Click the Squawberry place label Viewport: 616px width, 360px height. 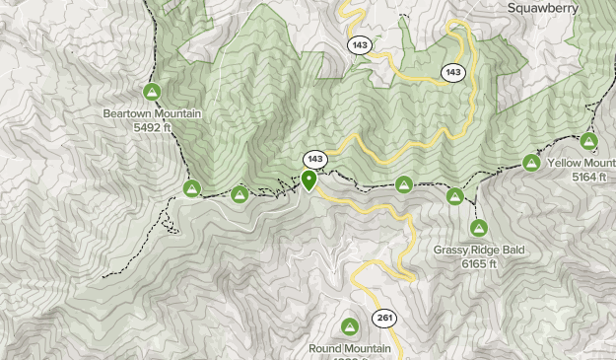tap(555, 7)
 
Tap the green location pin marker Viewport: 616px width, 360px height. tap(309, 180)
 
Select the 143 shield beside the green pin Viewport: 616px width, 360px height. tap(314, 159)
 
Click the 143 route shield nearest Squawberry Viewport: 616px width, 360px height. tap(452, 72)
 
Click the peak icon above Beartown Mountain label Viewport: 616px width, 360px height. tap(152, 93)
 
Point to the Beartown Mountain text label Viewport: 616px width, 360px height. tap(152, 113)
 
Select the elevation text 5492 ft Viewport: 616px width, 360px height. tap(152, 127)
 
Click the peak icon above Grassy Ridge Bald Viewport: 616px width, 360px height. tap(478, 229)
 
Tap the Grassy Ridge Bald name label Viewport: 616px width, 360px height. tap(479, 251)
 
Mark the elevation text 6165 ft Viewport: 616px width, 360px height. tap(479, 264)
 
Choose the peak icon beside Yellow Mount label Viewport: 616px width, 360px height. tap(531, 163)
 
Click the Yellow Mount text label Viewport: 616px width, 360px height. tap(582, 163)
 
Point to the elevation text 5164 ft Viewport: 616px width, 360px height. tap(592, 177)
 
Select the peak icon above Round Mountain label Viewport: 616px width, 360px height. tap(349, 326)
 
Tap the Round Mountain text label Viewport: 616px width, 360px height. tap(349, 348)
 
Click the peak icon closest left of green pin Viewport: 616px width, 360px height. tap(240, 195)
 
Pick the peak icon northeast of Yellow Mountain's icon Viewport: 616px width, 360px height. tap(589, 141)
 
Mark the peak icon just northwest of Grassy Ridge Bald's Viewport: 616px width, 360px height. tap(454, 197)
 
